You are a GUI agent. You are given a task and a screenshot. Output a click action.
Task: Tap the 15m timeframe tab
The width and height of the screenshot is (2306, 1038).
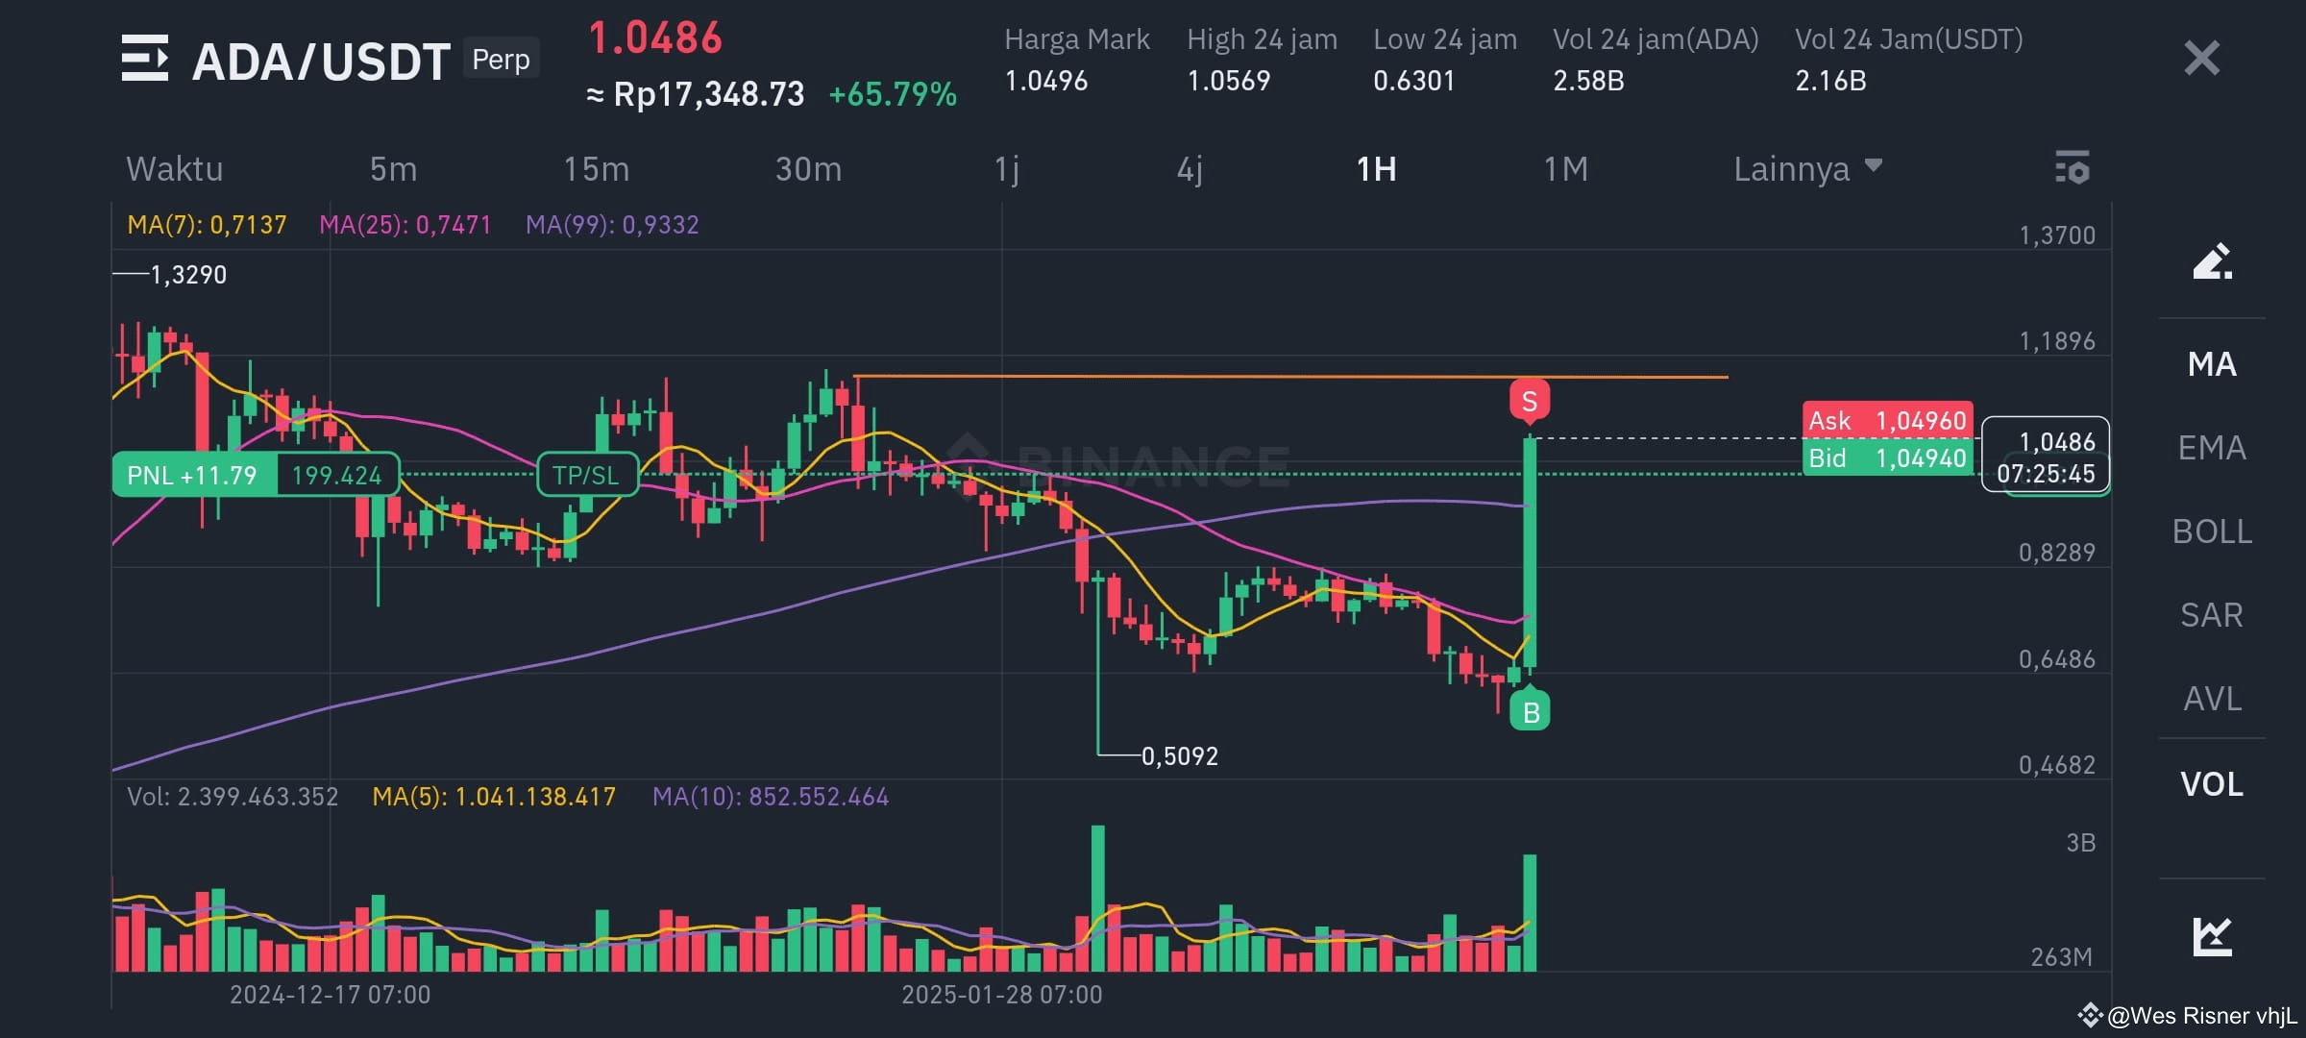point(596,169)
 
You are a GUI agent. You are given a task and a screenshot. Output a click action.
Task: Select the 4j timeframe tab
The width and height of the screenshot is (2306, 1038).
point(1190,169)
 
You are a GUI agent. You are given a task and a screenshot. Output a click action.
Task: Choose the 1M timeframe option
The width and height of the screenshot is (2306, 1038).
point(1565,169)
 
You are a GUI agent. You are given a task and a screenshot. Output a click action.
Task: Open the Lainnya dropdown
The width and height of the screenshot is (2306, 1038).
point(1806,169)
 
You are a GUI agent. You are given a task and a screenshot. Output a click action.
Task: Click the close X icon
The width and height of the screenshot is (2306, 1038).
point(2201,59)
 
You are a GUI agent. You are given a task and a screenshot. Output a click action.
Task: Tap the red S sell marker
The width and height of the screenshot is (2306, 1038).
point(1530,400)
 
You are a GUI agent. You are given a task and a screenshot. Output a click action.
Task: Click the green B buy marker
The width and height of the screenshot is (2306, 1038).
point(1531,712)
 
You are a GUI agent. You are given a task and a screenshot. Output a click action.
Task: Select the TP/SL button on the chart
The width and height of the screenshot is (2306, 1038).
point(586,475)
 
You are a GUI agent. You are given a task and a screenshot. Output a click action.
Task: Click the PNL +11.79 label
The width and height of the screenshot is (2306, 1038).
point(192,475)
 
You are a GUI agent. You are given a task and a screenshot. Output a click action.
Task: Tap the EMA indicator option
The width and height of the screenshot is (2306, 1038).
point(2212,448)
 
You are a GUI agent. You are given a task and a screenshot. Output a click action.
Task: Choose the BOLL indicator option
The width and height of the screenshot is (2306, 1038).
point(2212,531)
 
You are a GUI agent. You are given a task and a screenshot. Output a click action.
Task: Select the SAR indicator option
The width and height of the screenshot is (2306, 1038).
point(2212,615)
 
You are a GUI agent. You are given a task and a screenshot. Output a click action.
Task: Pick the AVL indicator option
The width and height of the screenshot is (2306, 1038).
point(2212,699)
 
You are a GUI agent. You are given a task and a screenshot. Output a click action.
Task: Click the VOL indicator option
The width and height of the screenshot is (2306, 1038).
point(2212,784)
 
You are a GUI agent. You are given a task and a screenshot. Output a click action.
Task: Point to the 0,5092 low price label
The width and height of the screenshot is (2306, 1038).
point(1179,756)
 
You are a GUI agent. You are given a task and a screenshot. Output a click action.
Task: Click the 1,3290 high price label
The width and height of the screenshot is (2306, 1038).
point(188,275)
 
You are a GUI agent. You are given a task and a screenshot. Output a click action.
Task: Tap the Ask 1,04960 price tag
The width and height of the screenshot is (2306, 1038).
point(1887,420)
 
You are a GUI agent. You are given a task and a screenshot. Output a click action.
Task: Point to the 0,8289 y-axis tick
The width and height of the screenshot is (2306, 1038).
point(2056,553)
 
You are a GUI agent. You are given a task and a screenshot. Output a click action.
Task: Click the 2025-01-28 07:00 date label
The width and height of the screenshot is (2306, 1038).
point(1001,994)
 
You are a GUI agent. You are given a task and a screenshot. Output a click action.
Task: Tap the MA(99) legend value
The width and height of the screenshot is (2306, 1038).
point(612,225)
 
